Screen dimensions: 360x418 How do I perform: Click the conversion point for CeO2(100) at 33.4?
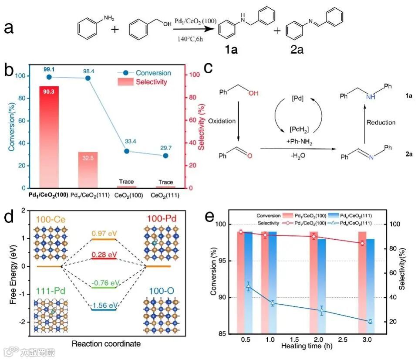tap(127, 151)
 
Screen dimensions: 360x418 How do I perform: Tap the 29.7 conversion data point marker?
tap(165, 156)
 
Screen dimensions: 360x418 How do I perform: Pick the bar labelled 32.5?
tap(88, 170)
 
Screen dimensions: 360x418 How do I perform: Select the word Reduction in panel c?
tap(381, 122)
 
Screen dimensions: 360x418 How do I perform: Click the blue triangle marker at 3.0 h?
tap(370, 321)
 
